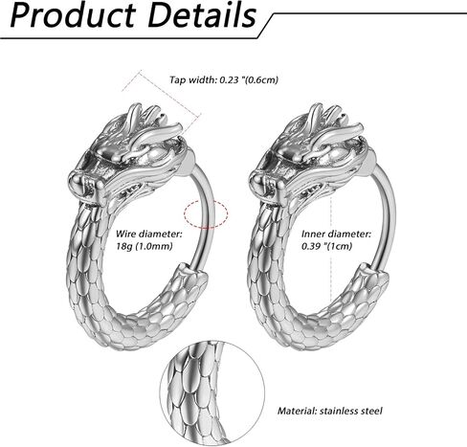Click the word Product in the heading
73,15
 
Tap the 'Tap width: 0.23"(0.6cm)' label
224,79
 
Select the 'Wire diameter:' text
148,234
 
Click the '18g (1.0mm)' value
144,246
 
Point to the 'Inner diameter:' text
337,234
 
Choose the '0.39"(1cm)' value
327,246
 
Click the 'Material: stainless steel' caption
330,411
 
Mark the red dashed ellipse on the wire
206,213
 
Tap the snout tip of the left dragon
77,186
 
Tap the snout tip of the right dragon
256,186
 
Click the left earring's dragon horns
150,123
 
